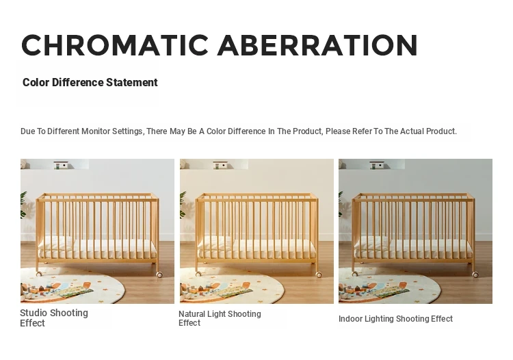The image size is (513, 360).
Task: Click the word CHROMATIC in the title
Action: tap(115, 45)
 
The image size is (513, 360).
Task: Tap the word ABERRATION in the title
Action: tap(317, 45)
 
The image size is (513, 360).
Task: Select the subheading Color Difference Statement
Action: tap(90, 83)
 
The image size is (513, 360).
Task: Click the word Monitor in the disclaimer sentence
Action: tap(96, 131)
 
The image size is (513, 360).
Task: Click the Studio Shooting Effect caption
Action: tap(54, 318)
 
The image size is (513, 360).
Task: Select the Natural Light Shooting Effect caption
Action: tap(220, 318)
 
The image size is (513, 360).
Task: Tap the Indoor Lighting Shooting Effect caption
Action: tap(395, 319)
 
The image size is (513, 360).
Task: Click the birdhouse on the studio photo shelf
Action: tap(61, 165)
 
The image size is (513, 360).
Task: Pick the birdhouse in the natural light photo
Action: tap(220, 165)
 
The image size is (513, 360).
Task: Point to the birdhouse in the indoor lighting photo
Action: tap(377, 165)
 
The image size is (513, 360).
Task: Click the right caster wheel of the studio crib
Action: tap(159, 274)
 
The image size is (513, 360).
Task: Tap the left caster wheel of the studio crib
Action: tap(38, 274)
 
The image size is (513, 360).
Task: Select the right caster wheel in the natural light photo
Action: tap(319, 274)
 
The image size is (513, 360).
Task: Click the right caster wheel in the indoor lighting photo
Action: tap(475, 274)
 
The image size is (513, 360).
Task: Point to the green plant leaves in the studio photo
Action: tap(23, 205)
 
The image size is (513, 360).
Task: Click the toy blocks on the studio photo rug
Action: tap(39, 291)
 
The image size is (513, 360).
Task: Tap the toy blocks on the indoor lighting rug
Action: tap(356, 291)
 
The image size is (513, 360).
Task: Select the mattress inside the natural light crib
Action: tap(256, 248)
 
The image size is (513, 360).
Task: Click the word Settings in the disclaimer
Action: tap(127, 131)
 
